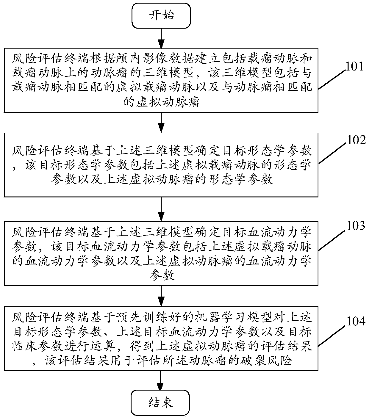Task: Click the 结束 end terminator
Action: coord(161,403)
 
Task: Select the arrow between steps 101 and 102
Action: coord(161,122)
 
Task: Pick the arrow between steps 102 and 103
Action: coord(161,208)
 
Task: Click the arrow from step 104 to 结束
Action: coord(161,380)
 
